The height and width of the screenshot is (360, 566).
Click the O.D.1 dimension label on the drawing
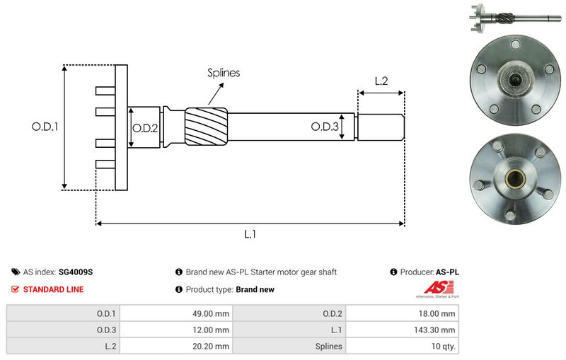click(44, 127)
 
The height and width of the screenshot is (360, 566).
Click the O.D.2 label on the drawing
click(144, 127)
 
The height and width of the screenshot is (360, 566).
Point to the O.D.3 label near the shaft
click(325, 127)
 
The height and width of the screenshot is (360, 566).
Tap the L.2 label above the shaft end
click(380, 81)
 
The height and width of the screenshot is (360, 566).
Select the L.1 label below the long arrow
click(249, 235)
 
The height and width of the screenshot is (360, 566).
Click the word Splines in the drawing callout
click(224, 72)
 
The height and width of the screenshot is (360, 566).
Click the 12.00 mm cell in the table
click(211, 330)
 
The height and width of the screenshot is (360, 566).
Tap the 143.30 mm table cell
click(436, 330)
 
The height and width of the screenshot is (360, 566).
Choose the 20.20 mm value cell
click(211, 347)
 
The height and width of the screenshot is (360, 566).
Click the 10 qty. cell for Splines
click(443, 347)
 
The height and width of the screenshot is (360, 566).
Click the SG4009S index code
click(76, 272)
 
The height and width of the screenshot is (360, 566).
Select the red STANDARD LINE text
click(53, 289)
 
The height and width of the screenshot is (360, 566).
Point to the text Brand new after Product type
click(255, 289)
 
